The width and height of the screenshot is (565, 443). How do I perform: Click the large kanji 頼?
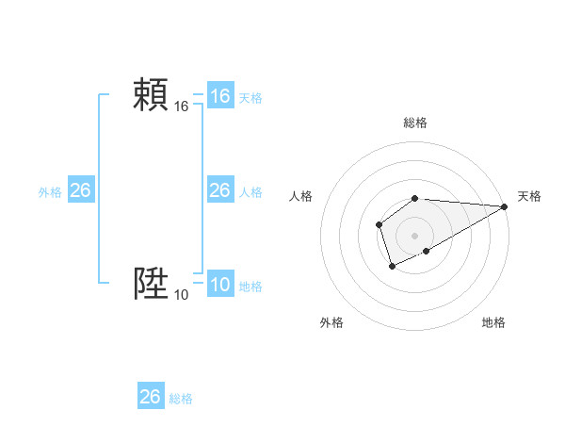click(x=151, y=95)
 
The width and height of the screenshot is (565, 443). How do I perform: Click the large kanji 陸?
click(x=151, y=283)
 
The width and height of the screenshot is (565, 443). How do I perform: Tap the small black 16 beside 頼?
click(x=182, y=107)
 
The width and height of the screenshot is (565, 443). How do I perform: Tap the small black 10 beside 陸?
click(x=182, y=295)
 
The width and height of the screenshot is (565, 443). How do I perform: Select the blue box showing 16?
click(x=220, y=96)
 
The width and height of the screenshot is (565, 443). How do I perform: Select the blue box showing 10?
click(x=220, y=285)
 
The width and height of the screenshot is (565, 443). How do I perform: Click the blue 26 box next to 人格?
click(x=220, y=190)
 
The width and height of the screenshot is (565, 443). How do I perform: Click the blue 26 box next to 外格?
click(x=81, y=190)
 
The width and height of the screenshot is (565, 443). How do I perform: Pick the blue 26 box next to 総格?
click(x=151, y=397)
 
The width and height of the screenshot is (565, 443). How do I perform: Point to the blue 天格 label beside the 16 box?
click(x=250, y=98)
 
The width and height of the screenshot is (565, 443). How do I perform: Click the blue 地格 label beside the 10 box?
click(x=250, y=287)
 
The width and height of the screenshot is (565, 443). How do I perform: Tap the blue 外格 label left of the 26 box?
click(x=50, y=192)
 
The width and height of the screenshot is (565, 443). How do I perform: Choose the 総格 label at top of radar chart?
click(x=415, y=123)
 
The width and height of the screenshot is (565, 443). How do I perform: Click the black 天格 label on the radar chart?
click(x=529, y=196)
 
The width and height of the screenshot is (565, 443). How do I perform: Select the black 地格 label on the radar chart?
click(x=493, y=323)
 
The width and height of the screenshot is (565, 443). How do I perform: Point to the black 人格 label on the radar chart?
click(x=301, y=196)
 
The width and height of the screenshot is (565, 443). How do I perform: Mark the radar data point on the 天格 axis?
click(x=505, y=206)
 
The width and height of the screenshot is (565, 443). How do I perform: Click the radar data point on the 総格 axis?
click(x=415, y=198)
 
